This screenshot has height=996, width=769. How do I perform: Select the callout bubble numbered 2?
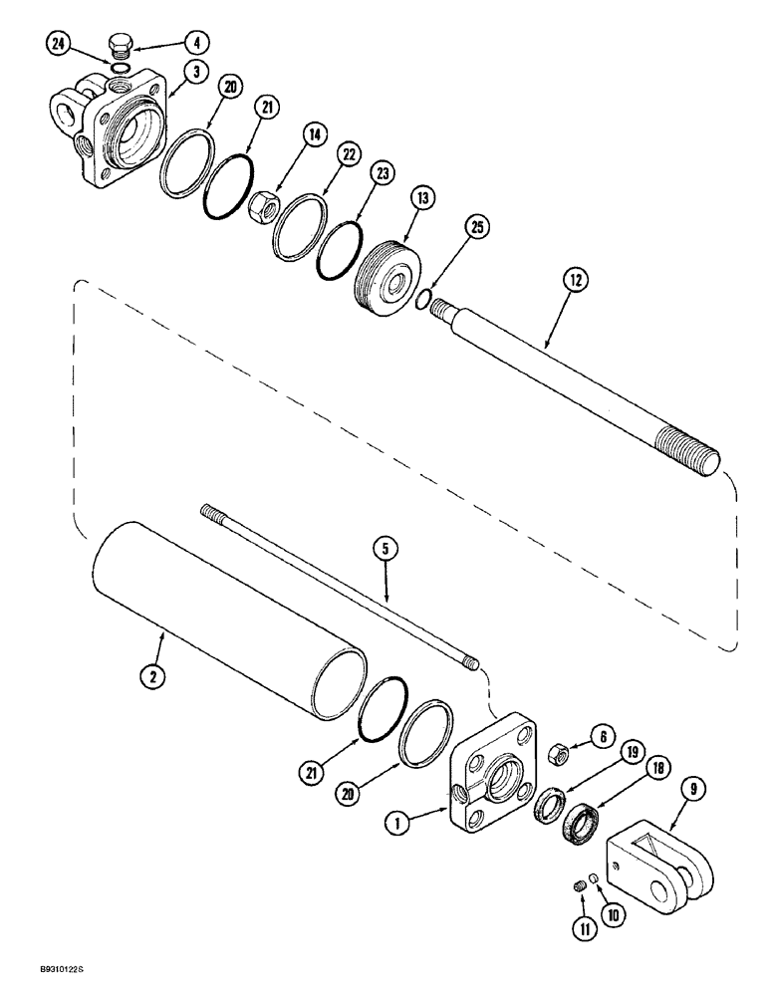click(152, 675)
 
